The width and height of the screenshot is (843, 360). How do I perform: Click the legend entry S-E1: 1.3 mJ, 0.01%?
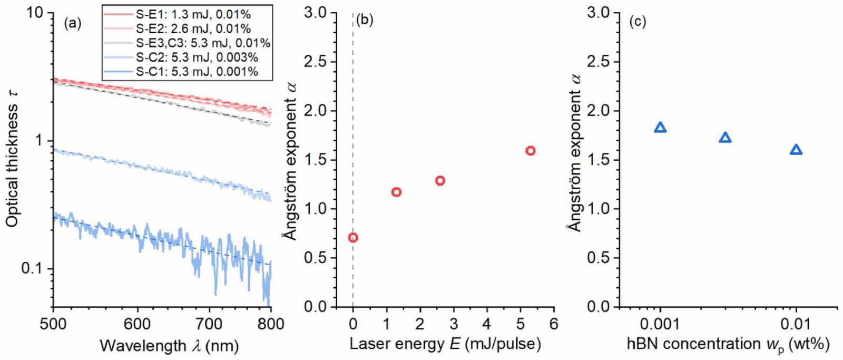click(192, 13)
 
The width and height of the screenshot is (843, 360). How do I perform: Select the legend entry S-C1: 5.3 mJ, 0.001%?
click(197, 71)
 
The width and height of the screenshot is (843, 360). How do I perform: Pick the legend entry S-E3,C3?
click(203, 42)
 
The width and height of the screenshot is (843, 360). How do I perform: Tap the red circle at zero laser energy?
click(353, 238)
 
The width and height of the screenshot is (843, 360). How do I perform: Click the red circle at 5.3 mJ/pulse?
click(530, 151)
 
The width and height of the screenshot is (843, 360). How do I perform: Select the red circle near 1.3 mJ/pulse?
click(396, 192)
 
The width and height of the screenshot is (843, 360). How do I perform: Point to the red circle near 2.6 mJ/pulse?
click(440, 181)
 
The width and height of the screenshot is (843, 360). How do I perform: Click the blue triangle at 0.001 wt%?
click(660, 128)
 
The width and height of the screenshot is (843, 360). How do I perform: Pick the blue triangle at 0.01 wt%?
click(796, 150)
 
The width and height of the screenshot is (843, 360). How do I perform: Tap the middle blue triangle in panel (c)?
click(725, 138)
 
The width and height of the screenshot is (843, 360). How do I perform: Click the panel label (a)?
click(72, 23)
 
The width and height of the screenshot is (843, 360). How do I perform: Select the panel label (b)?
click(365, 22)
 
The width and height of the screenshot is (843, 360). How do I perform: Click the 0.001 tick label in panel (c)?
click(660, 323)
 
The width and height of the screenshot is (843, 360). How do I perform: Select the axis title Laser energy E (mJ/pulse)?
click(445, 344)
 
